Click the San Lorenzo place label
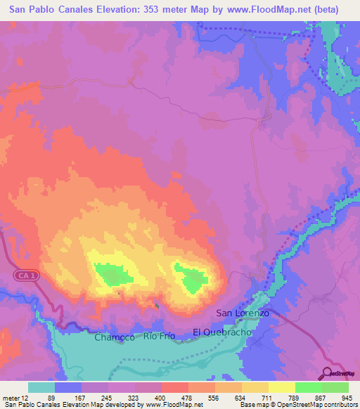click(243, 313)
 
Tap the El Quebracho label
click(221, 331)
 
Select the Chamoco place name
click(114, 337)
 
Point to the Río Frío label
click(159, 337)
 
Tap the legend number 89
click(51, 398)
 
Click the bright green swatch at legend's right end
click(335, 388)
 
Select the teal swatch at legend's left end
click(41, 388)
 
